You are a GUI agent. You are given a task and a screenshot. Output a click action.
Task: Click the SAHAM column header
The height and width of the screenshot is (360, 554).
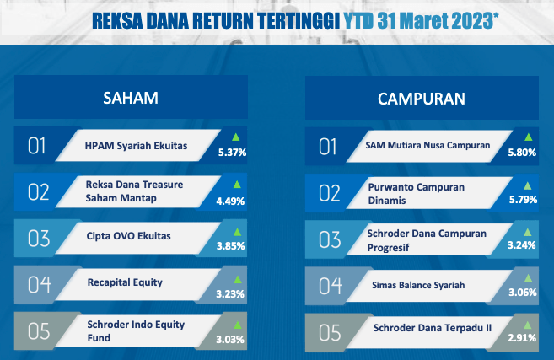pyautogui.click(x=131, y=98)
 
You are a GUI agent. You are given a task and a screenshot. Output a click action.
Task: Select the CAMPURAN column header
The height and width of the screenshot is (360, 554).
pyautogui.click(x=422, y=99)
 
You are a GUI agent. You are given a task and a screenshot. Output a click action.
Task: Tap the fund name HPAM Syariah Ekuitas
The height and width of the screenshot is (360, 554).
pyautogui.click(x=136, y=146)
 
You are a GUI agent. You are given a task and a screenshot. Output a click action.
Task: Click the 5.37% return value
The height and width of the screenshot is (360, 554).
pyautogui.click(x=232, y=153)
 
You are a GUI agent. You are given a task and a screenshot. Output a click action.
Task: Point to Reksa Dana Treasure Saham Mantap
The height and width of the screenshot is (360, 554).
pyautogui.click(x=134, y=191)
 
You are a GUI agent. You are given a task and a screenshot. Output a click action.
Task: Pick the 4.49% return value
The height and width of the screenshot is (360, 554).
pyautogui.click(x=230, y=201)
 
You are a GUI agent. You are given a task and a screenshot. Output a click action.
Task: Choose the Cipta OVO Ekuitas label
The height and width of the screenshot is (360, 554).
pyautogui.click(x=129, y=236)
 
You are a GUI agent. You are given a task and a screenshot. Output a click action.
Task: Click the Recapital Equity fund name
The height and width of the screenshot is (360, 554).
pyautogui.click(x=125, y=282)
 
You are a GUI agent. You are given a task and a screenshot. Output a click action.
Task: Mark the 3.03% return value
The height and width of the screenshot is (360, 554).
pyautogui.click(x=230, y=340)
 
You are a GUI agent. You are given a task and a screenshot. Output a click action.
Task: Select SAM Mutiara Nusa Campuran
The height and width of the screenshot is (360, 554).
pyautogui.click(x=428, y=145)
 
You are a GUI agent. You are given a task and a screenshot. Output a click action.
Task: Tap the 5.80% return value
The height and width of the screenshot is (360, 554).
pyautogui.click(x=522, y=153)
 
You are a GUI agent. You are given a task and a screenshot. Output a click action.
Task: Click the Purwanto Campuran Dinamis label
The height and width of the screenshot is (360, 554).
pyautogui.click(x=417, y=194)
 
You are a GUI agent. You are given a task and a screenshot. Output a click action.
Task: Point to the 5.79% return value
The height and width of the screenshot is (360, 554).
pyautogui.click(x=523, y=200)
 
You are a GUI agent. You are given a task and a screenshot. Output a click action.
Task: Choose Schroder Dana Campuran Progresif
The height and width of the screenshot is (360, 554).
pyautogui.click(x=427, y=240)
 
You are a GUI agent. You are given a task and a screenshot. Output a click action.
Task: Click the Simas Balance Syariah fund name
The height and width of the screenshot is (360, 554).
pyautogui.click(x=418, y=285)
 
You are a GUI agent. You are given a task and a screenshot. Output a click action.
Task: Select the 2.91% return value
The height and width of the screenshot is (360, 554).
pyautogui.click(x=522, y=338)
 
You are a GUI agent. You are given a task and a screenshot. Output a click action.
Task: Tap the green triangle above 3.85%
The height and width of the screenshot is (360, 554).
pyautogui.click(x=238, y=232)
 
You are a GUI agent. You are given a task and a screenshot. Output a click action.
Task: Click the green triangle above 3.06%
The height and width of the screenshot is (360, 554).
pyautogui.click(x=528, y=278)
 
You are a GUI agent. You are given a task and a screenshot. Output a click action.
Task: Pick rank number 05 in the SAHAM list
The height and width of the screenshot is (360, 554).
pyautogui.click(x=39, y=331)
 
